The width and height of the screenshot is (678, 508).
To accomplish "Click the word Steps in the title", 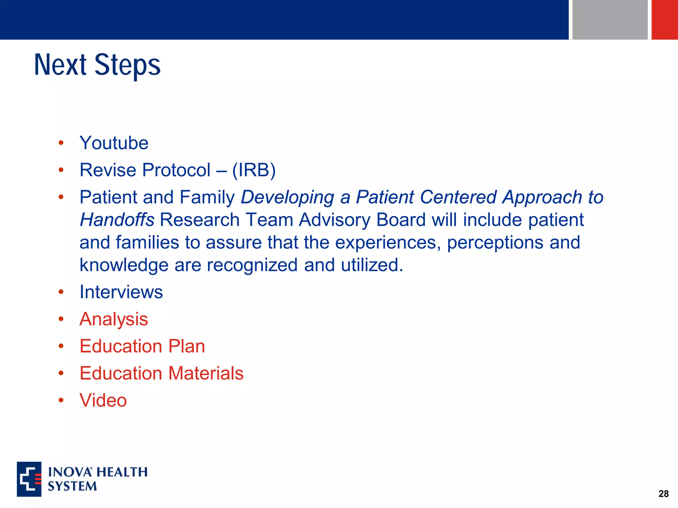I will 127,65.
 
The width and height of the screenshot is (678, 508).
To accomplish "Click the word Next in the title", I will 60,65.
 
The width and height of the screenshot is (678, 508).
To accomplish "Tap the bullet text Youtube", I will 114,143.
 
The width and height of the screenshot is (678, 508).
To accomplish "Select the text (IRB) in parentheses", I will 254,170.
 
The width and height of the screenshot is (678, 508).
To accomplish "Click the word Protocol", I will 176,170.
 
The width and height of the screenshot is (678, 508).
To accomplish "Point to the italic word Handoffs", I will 117,220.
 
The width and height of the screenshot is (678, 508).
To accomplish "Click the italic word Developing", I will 287,197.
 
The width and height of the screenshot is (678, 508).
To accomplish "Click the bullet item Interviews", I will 121,292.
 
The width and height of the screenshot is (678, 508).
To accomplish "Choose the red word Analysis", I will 114,319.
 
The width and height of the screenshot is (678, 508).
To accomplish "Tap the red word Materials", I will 206,373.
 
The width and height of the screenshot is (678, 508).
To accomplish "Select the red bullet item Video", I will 103,401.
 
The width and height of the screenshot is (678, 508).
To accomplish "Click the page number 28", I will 663,494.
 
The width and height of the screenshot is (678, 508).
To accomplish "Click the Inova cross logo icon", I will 29,479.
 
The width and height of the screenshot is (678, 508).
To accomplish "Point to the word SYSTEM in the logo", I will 72,487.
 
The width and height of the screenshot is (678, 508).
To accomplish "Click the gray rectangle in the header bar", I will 610,20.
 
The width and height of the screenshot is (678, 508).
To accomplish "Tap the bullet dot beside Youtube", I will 61,143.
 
